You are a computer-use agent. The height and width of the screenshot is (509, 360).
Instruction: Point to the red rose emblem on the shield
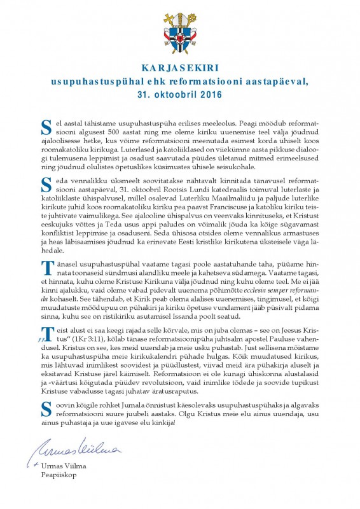tap(180, 42)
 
